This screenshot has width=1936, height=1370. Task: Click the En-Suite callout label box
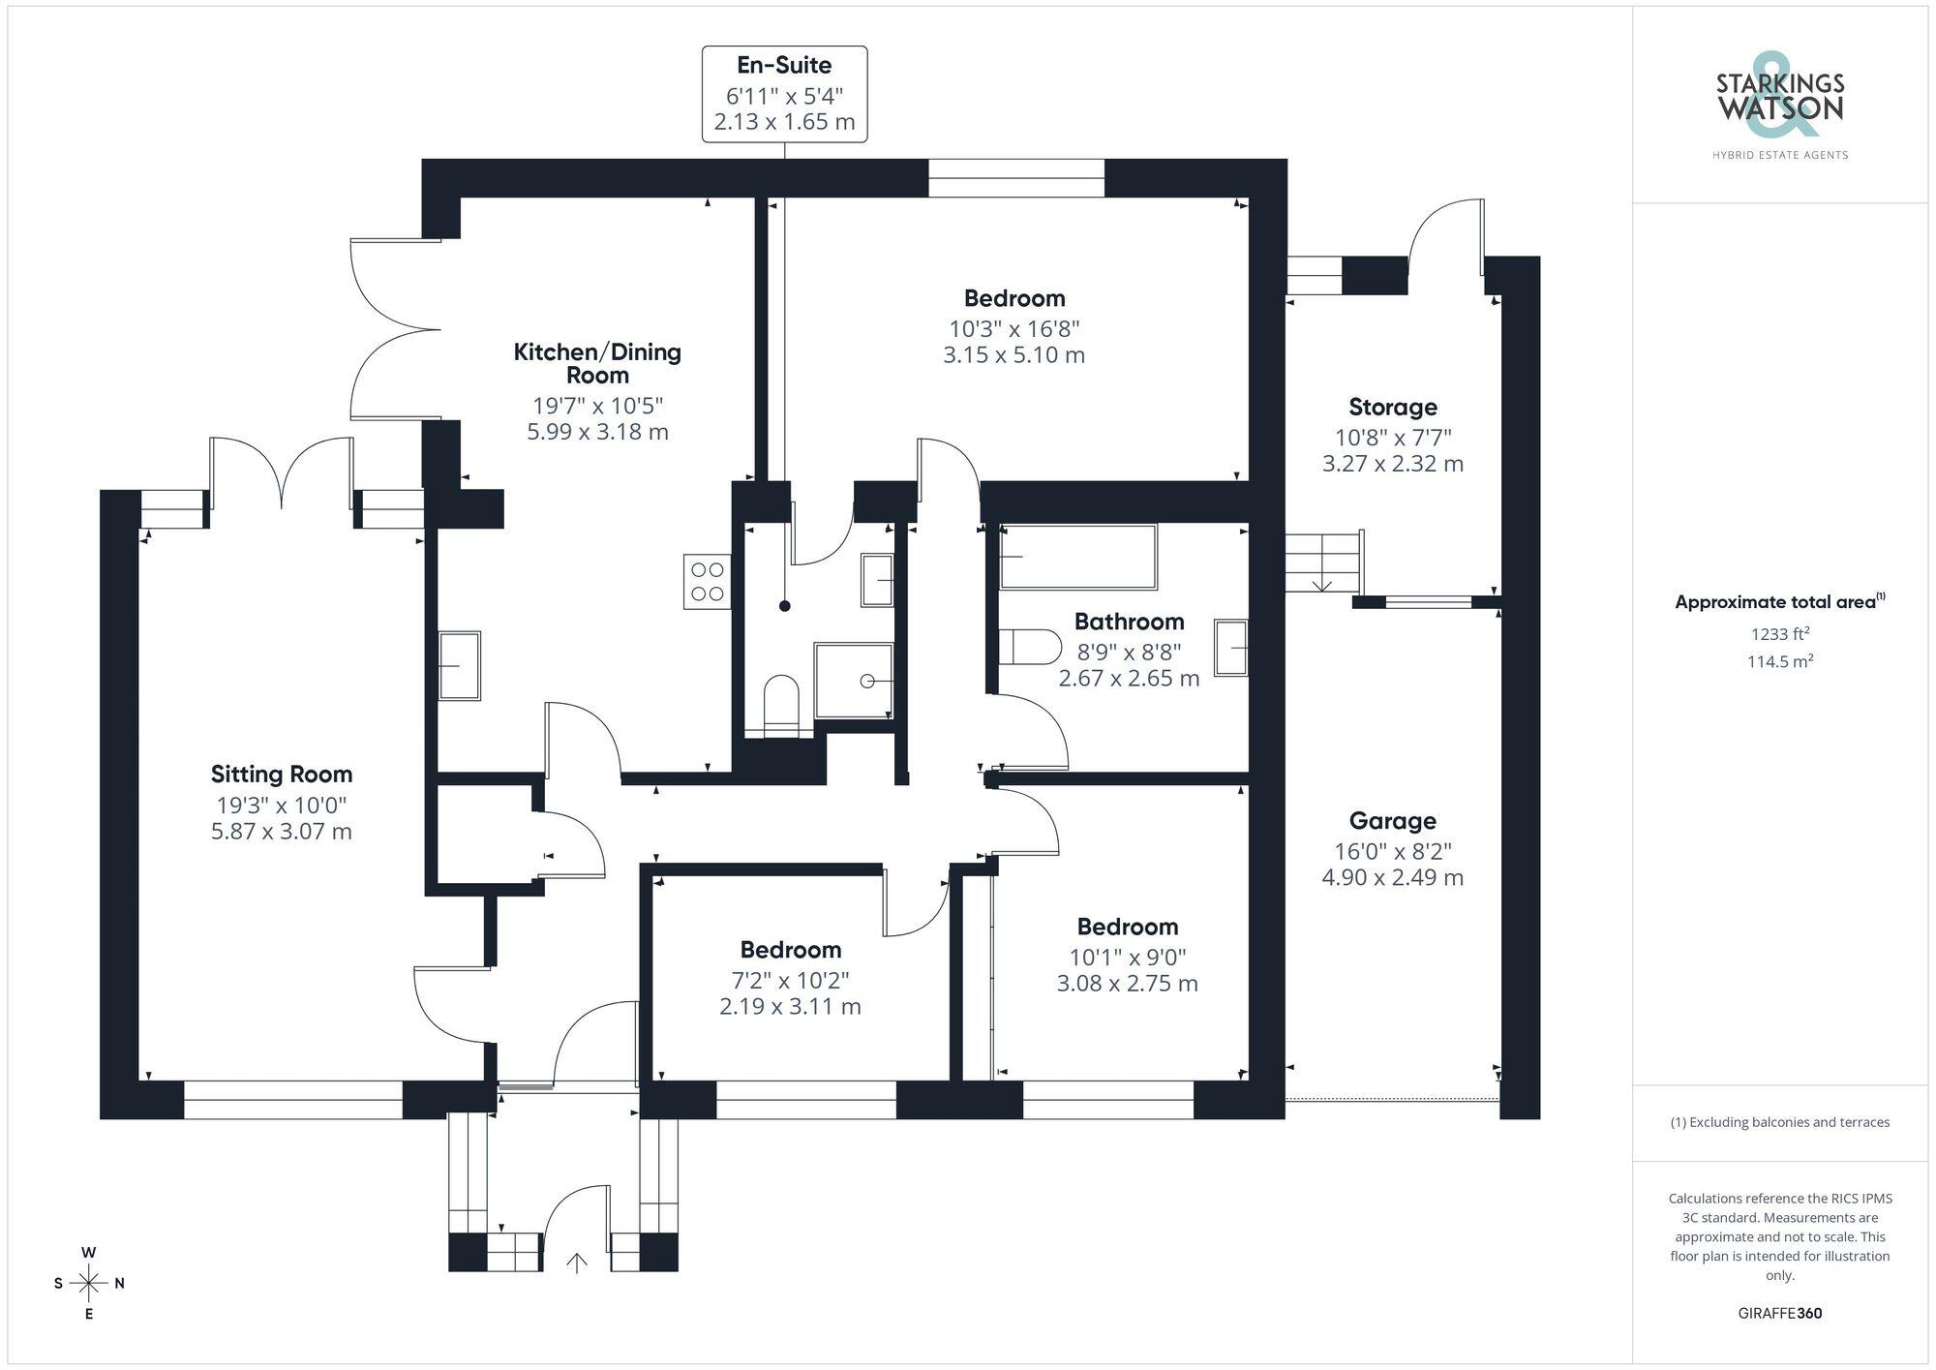[x=784, y=94]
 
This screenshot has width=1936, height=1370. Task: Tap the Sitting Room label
[x=282, y=774]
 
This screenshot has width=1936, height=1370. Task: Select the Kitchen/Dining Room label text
[x=597, y=363]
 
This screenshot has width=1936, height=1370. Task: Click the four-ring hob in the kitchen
[x=707, y=581]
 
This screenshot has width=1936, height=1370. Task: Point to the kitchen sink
[x=460, y=665]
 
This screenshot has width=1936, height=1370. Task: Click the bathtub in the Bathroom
[x=1078, y=557]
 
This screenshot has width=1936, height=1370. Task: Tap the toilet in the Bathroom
[x=1029, y=646]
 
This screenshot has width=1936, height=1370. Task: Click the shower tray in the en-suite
[x=853, y=681]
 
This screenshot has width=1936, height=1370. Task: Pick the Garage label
[x=1393, y=821]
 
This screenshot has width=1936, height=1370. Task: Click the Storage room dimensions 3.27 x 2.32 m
[x=1393, y=464]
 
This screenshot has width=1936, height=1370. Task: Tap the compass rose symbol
[x=88, y=1284]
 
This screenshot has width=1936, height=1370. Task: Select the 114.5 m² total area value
[x=1780, y=661]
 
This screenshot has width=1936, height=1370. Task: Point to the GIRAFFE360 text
[x=1780, y=1314]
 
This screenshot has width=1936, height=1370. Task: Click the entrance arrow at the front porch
[x=577, y=1263]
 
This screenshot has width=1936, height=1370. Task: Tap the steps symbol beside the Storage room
[x=1324, y=562]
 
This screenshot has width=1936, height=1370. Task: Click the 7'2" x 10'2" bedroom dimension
[x=791, y=980]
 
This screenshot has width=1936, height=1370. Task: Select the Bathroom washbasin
[x=1231, y=648]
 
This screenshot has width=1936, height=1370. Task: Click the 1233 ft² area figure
[x=1780, y=634]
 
